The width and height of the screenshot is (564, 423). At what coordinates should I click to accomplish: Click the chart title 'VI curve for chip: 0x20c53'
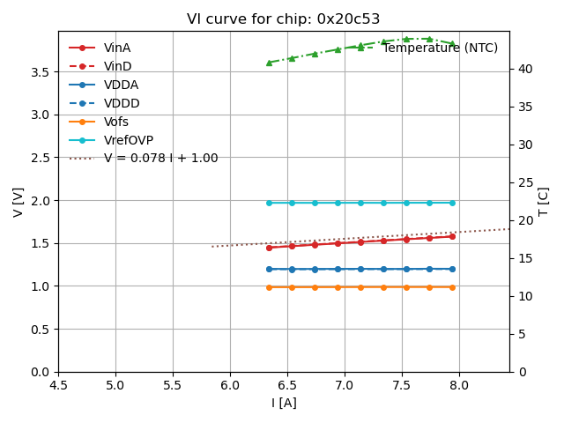tap(281, 19)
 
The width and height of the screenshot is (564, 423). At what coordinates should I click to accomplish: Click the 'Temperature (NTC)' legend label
tap(440, 48)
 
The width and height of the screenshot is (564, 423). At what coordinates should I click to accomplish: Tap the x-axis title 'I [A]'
tap(283, 403)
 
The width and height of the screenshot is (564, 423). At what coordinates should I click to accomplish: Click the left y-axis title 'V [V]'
tap(19, 202)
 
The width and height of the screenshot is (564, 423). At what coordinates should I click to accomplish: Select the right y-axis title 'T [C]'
tap(544, 202)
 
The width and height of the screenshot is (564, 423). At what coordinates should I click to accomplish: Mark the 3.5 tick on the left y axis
tap(41, 71)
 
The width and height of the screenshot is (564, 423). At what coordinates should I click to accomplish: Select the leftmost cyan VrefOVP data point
tap(269, 203)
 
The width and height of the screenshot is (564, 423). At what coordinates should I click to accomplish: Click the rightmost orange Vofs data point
tap(452, 287)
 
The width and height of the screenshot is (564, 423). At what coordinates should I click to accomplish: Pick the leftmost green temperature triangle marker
tap(269, 63)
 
